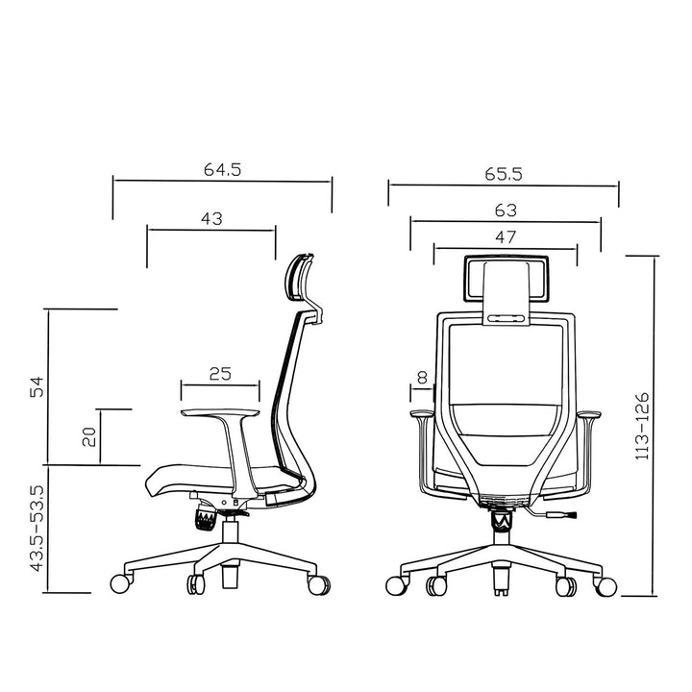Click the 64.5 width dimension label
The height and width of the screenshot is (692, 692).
(221, 169)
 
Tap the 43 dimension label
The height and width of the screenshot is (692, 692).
(211, 218)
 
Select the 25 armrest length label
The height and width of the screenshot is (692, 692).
(219, 374)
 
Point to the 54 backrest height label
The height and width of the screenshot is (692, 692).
(37, 385)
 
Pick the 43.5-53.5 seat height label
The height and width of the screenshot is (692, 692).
(37, 529)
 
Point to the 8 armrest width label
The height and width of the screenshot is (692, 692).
(421, 378)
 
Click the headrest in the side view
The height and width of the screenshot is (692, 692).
(301, 279)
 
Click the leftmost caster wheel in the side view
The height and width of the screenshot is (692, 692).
(121, 581)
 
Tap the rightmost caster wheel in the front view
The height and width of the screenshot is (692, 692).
(606, 584)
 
